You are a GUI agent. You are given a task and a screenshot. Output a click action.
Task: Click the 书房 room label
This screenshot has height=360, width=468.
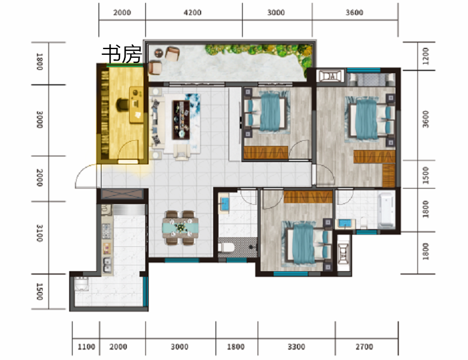click(122, 54)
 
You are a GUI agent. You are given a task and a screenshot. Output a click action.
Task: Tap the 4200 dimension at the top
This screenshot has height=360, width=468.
click(193, 13)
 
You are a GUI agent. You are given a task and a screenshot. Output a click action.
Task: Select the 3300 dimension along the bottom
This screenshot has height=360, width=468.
click(296, 347)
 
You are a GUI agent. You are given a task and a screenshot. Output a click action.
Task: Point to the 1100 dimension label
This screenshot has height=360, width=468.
click(86, 347)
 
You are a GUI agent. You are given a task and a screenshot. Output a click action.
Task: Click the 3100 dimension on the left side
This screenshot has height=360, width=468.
click(40, 233)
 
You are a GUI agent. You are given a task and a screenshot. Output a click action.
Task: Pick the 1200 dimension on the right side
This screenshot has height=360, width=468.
click(426, 56)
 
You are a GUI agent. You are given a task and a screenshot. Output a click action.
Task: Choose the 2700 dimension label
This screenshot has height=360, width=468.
click(364, 347)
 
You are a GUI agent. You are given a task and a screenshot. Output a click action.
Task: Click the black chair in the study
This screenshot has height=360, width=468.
click(122, 104)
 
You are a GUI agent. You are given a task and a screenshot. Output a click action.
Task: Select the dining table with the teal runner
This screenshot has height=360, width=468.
click(180, 228)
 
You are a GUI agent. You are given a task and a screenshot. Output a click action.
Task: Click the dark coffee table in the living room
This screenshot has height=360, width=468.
click(181, 120)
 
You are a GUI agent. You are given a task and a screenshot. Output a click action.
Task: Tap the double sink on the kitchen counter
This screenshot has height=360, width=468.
click(107, 265)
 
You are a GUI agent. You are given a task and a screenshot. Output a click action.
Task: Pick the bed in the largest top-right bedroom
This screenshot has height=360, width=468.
click(370, 119)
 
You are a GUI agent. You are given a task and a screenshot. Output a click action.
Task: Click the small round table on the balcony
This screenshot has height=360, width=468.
click(158, 53)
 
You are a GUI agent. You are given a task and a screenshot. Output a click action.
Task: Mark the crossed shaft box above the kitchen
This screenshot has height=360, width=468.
click(122, 194)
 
